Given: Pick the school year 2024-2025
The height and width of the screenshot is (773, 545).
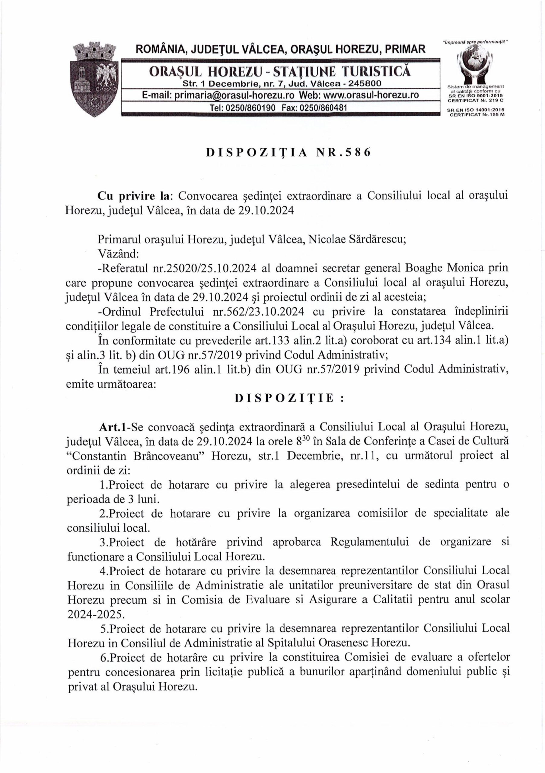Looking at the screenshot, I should pos(96,614).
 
